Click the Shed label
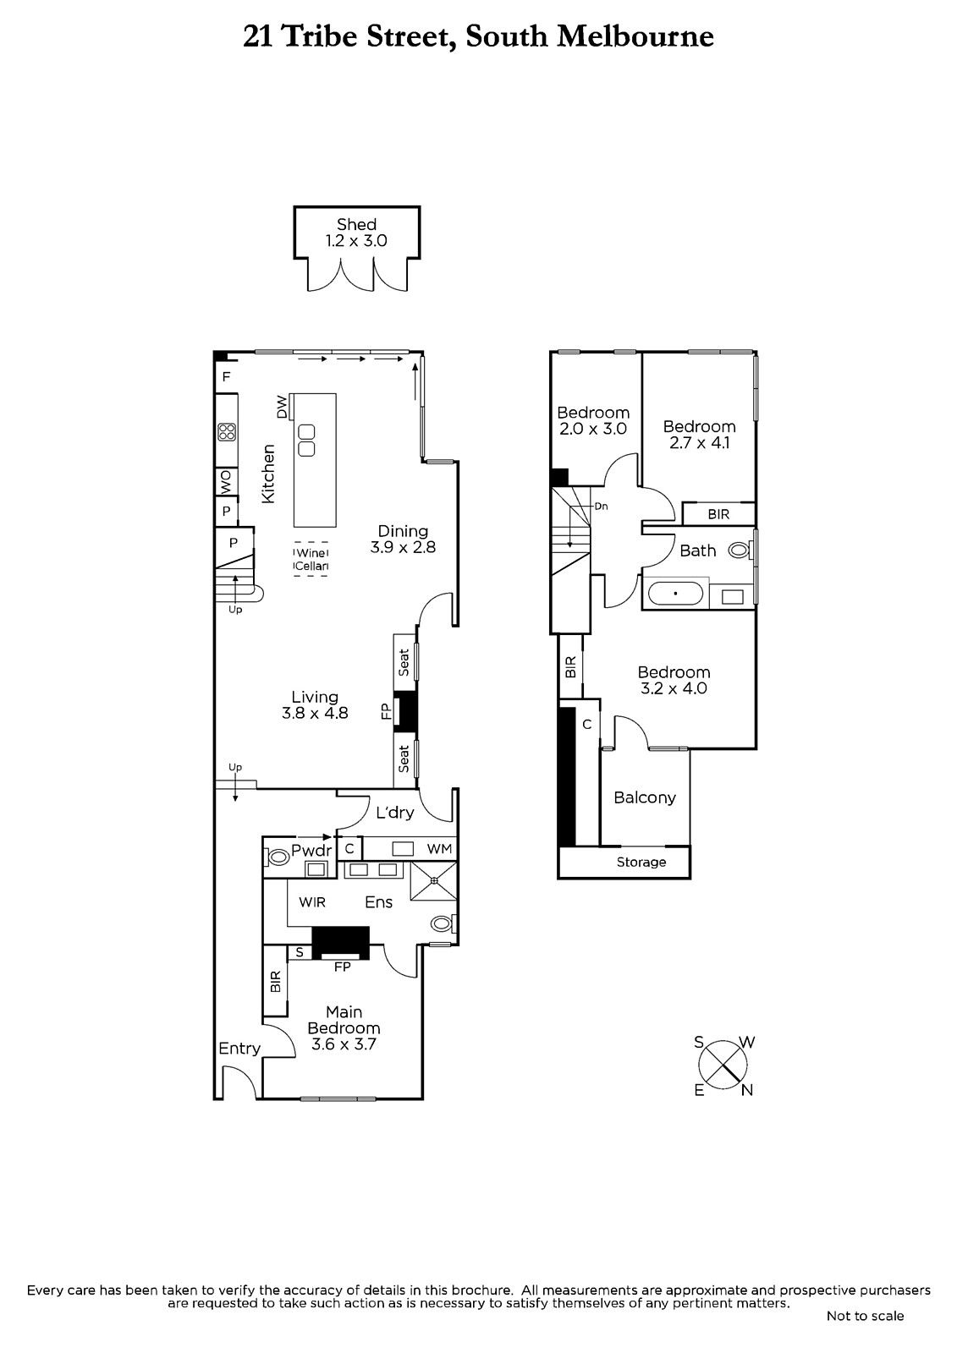pos(357,225)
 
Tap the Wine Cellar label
pos(311,559)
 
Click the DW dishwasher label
pos(282,407)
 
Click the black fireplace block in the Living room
pos(405,711)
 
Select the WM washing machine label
pos(439,849)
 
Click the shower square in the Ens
pos(434,881)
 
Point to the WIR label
pos(312,902)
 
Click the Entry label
pos(239,1049)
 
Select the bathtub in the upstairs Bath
pos(675,593)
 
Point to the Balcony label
pos(645,798)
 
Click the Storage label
pos(641,863)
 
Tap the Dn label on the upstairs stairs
pos(601,507)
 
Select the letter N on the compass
pos(746,1090)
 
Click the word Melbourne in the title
pos(635,36)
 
